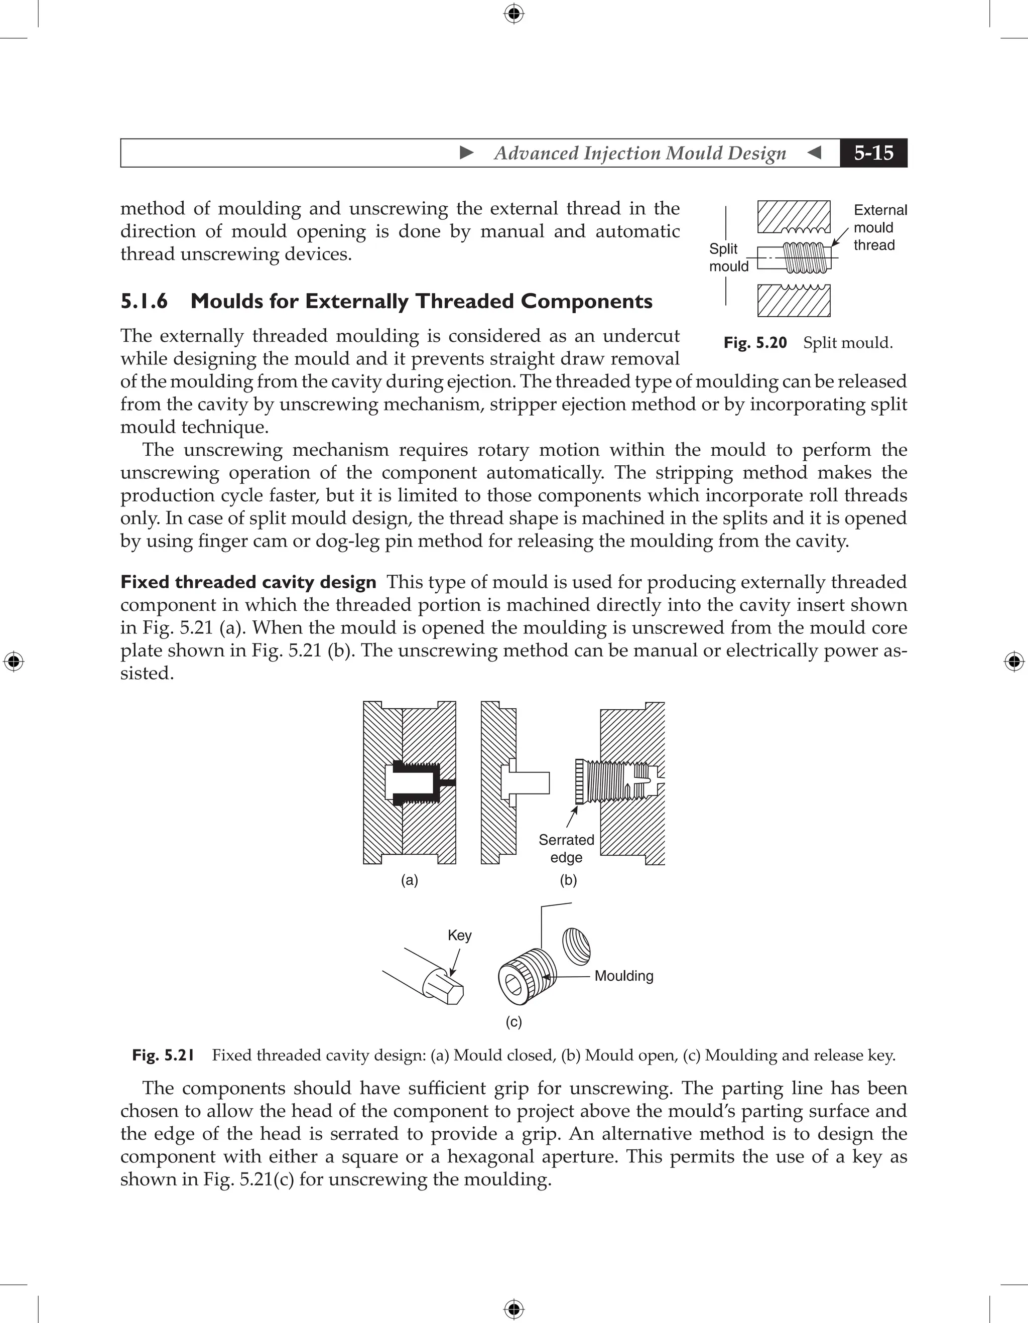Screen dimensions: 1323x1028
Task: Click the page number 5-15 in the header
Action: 873,153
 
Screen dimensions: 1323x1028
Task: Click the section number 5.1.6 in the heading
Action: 144,301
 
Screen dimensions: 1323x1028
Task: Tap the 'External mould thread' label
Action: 879,228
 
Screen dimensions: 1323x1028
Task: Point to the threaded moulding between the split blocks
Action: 803,257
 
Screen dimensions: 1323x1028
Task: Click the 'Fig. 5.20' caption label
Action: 755,343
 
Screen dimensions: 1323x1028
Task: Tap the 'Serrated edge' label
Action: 566,849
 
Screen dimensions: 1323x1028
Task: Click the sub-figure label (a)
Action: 410,880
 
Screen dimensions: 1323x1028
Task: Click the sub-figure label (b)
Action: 568,880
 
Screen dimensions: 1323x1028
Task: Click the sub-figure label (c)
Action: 513,1022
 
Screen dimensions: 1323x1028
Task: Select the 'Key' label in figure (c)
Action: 459,936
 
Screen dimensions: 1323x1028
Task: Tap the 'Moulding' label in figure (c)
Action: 623,976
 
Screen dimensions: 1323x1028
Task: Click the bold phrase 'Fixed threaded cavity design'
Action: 248,582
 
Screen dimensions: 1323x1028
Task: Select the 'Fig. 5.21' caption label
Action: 163,1055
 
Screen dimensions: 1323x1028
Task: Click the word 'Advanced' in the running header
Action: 536,153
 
